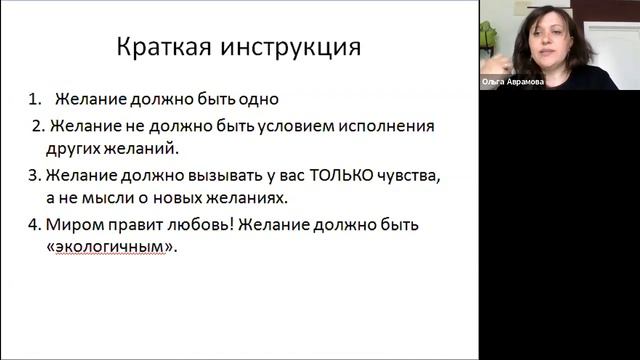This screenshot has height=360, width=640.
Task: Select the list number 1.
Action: pyautogui.click(x=35, y=100)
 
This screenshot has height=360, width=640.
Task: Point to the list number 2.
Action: pyautogui.click(x=38, y=127)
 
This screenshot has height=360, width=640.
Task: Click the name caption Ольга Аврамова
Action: pyautogui.click(x=513, y=83)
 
